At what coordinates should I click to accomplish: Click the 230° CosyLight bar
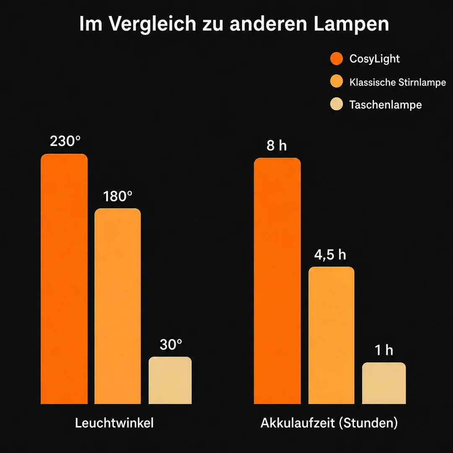(64, 279)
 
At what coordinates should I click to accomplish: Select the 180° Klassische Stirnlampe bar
(117, 306)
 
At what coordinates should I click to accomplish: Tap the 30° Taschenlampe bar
(170, 380)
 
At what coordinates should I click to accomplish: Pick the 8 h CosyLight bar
(277, 281)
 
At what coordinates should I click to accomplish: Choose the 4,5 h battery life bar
(331, 335)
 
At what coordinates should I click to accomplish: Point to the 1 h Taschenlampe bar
(384, 383)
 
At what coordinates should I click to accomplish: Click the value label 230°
(65, 141)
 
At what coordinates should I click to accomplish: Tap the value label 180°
(118, 196)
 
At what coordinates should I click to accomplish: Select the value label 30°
(171, 344)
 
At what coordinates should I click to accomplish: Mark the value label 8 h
(277, 145)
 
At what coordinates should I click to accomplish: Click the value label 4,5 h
(330, 255)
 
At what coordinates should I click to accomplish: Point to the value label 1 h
(384, 350)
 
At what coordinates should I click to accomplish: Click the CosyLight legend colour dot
(336, 59)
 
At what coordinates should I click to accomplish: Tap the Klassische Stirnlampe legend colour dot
(336, 81)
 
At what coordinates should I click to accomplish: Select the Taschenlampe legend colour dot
(336, 104)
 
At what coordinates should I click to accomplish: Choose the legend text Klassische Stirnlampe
(398, 82)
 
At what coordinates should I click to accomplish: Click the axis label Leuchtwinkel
(115, 423)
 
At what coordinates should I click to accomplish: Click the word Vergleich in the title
(153, 23)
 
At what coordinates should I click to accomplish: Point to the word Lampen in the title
(351, 23)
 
